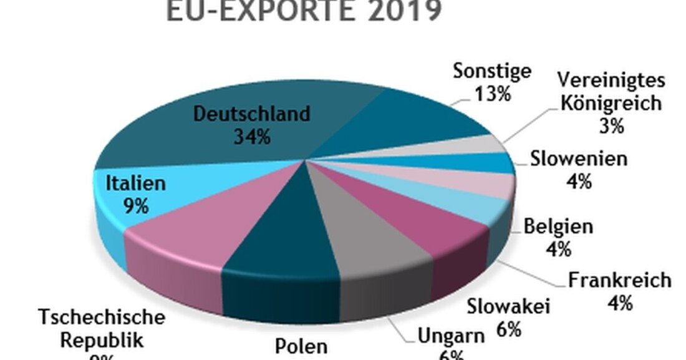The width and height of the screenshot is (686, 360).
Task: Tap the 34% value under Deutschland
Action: pos(252,136)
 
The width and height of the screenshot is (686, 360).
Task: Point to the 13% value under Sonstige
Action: pos(492,94)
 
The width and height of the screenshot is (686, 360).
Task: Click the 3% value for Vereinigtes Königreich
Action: pos(611,125)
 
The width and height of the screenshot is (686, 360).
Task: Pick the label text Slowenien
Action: pos(579,159)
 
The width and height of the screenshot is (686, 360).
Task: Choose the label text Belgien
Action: pos(558,226)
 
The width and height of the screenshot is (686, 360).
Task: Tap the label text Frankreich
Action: pos(619,281)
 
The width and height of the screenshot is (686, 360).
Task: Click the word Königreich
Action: pos(611,103)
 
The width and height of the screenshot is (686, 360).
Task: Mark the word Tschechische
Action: pos(101,317)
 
